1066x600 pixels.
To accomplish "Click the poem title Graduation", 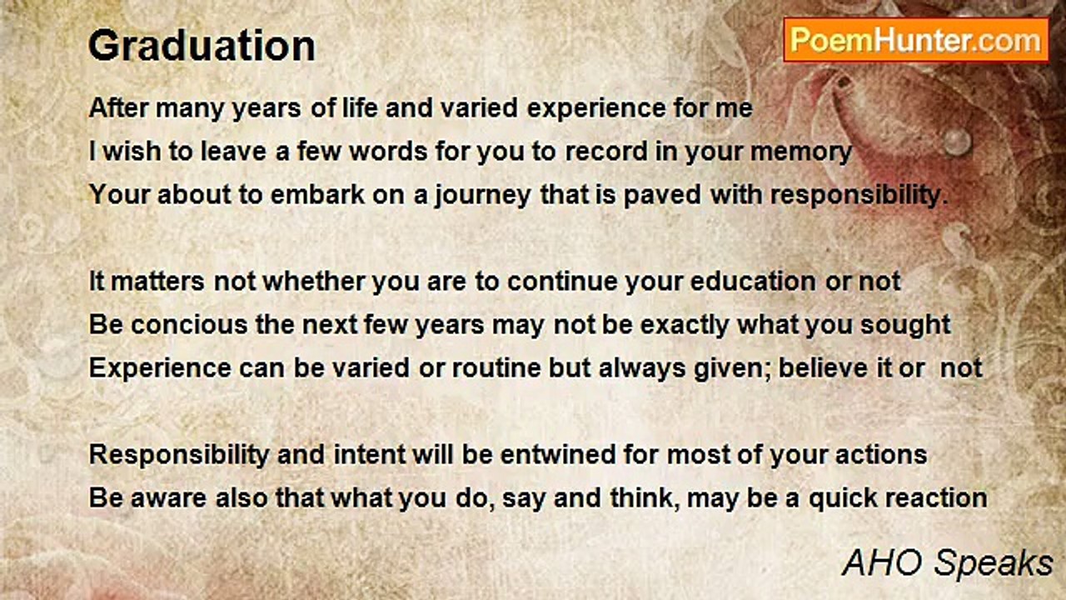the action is (202, 47).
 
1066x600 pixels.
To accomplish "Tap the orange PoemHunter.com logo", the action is (916, 40).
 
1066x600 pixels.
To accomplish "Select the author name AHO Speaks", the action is (947, 563).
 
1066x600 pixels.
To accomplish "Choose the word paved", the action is (662, 196).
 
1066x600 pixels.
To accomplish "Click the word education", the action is (753, 281).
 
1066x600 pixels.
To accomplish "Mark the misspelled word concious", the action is (189, 325).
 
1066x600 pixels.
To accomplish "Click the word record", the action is (606, 152).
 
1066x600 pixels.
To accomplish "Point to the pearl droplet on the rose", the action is (957, 142).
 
